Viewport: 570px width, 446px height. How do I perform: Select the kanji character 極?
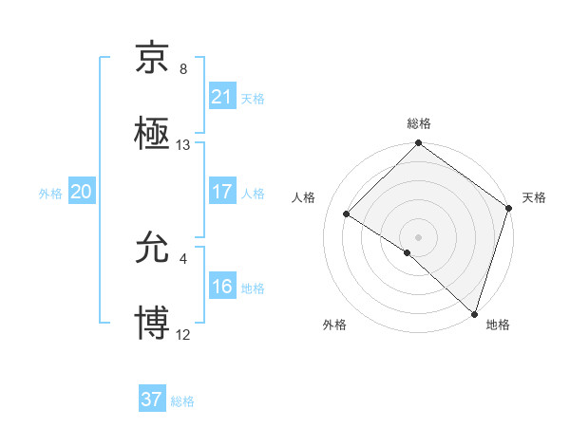153,134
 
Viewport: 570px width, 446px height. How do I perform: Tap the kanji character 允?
153,249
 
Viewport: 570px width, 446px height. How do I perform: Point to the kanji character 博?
153,323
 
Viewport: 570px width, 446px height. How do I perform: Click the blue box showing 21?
221,97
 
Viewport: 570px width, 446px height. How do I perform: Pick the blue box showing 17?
221,192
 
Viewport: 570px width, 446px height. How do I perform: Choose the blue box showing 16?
221,287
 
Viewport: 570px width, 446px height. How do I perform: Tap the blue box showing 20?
81,192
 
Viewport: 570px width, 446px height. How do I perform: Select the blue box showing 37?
151,400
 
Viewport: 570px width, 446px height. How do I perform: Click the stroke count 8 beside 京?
183,68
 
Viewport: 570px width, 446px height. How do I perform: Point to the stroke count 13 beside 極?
183,144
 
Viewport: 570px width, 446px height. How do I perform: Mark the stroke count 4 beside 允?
183,258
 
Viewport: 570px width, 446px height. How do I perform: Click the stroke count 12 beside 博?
183,334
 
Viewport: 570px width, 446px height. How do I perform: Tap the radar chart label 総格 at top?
418,123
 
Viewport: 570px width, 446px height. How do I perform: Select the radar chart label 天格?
534,197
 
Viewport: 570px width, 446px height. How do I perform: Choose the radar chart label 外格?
334,325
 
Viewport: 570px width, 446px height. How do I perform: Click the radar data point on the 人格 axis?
347,214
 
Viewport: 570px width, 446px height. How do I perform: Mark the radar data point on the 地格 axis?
474,313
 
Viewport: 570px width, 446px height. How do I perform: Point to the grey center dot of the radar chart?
418,236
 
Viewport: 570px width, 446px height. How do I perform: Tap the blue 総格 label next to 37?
182,401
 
